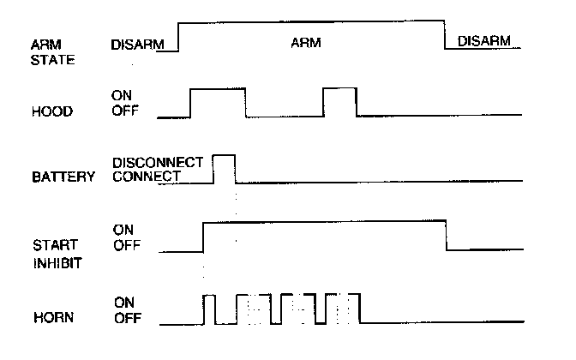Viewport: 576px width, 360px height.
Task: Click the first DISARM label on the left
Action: point(138,44)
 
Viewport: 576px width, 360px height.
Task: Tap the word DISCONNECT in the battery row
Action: point(158,161)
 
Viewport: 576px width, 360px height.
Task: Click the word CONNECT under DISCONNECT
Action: point(147,176)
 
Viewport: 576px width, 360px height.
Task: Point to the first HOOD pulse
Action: point(218,101)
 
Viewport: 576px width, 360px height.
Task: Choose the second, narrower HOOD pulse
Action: point(339,101)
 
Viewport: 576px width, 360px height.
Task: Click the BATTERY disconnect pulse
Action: point(224,167)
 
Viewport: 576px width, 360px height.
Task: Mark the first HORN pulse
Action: point(209,309)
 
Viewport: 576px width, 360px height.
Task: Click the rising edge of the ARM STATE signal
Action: point(177,36)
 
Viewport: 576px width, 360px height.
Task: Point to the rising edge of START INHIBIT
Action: point(203,236)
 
